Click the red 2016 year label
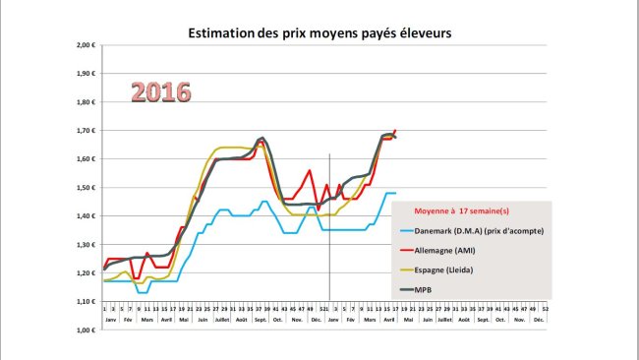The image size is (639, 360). pyautogui.click(x=161, y=92)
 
